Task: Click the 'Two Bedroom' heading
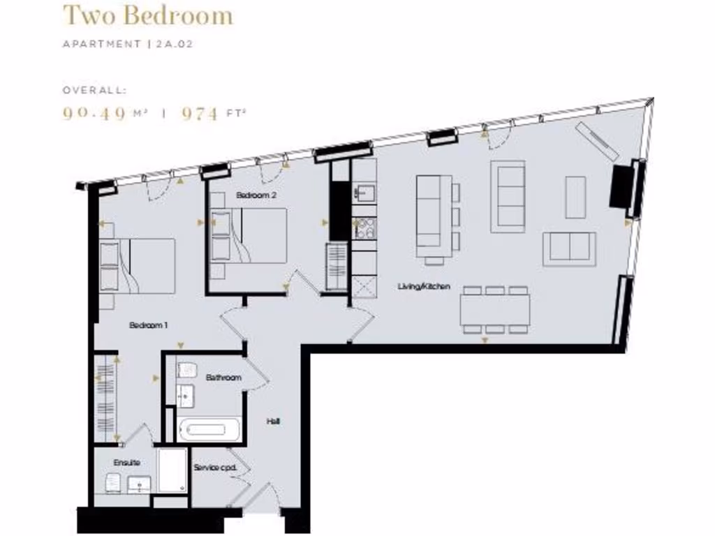tap(147, 15)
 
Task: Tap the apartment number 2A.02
tap(174, 44)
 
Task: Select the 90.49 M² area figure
tap(103, 114)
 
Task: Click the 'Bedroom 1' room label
tap(149, 325)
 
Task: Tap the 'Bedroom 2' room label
tap(256, 196)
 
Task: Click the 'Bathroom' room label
tap(223, 378)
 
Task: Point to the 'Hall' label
tap(273, 422)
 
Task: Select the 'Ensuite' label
tap(126, 463)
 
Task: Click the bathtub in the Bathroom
tap(209, 429)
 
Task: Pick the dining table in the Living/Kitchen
tap(494, 309)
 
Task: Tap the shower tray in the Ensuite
tap(171, 470)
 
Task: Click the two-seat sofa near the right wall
tap(569, 249)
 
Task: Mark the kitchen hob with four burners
tap(365, 228)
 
